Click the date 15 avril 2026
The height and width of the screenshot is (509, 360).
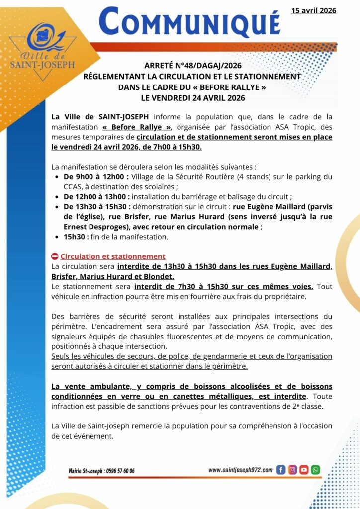pyautogui.click(x=314, y=10)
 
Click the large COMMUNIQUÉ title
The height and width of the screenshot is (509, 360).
pyautogui.click(x=189, y=23)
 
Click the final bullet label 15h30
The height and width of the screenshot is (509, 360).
pyautogui.click(x=76, y=237)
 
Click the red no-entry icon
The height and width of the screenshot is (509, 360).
pyautogui.click(x=55, y=256)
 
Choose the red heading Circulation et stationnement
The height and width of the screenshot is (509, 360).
pyautogui.click(x=113, y=256)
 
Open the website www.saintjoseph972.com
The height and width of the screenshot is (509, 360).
pyautogui.click(x=240, y=470)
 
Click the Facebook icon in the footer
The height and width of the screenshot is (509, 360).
pyautogui.click(x=280, y=470)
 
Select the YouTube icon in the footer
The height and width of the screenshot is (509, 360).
pyautogui.click(x=304, y=470)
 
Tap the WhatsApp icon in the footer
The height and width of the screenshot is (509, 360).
pyautogui.click(x=315, y=470)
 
